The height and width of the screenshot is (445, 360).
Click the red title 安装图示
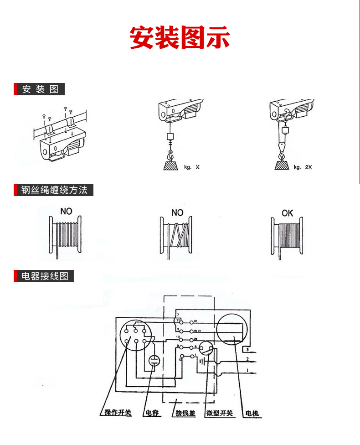pyautogui.click(x=180, y=37)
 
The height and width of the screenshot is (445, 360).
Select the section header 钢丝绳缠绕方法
pyautogui.click(x=54, y=190)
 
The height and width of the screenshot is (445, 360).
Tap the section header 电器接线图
pyautogui.click(x=44, y=276)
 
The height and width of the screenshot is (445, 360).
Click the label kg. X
pyautogui.click(x=192, y=167)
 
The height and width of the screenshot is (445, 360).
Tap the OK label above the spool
pyautogui.click(x=288, y=213)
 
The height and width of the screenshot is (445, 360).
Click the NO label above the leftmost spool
pyautogui.click(x=67, y=212)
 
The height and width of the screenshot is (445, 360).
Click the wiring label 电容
pyautogui.click(x=152, y=414)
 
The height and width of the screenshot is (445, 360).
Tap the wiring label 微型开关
pyautogui.click(x=219, y=414)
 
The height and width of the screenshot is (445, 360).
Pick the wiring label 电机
pyautogui.click(x=252, y=414)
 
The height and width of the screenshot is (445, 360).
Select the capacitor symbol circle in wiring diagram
pyautogui.click(x=154, y=362)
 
